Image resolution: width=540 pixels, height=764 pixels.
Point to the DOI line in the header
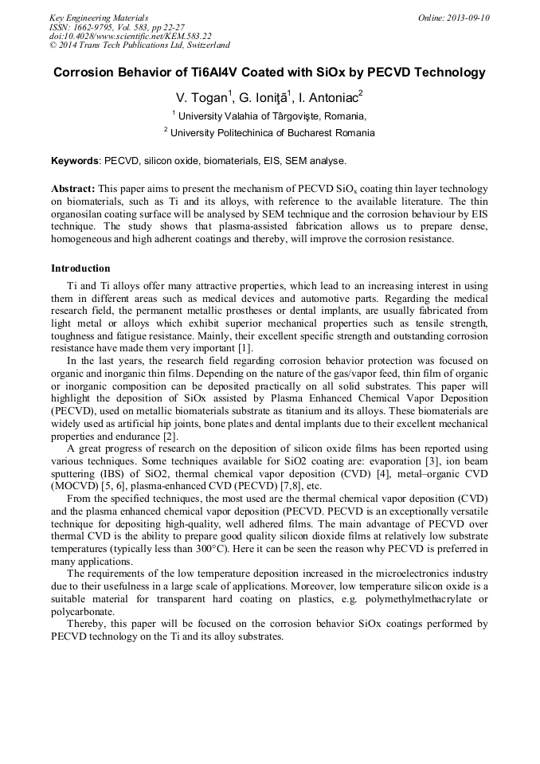coord(131,36)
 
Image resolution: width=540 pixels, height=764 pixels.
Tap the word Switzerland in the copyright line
coord(202,45)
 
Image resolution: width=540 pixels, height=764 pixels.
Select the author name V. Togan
coord(202,97)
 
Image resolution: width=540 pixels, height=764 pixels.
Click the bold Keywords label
coord(75,160)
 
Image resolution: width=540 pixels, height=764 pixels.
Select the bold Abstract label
coord(73,189)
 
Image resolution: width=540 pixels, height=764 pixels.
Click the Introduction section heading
coord(80,268)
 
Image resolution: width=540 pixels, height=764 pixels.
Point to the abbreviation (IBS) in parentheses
coord(126,472)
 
